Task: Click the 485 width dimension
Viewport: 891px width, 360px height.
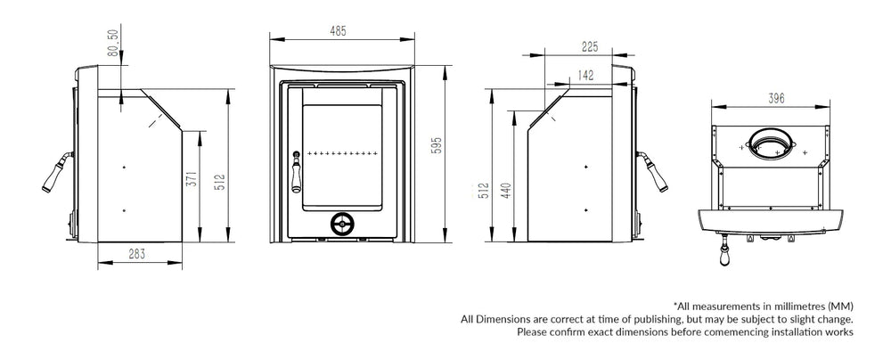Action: click(338, 30)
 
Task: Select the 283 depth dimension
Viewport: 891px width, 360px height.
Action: click(137, 255)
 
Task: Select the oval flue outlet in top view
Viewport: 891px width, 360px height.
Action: click(770, 142)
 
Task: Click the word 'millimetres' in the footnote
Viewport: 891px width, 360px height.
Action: click(772, 306)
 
